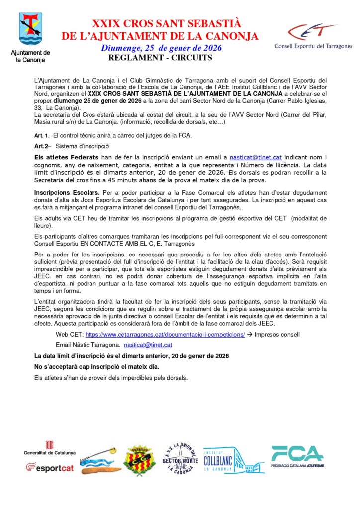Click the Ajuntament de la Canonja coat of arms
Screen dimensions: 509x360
point(30,29)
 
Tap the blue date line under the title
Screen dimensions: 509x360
point(162,48)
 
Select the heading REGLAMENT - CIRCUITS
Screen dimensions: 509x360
point(160,58)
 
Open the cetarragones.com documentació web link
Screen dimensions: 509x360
point(165,335)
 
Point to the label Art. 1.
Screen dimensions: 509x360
point(41,136)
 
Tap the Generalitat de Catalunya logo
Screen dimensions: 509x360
point(50,447)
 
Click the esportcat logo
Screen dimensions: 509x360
point(50,468)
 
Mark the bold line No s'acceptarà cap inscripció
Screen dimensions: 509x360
point(96,367)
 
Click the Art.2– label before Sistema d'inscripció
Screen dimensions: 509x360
point(43,146)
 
